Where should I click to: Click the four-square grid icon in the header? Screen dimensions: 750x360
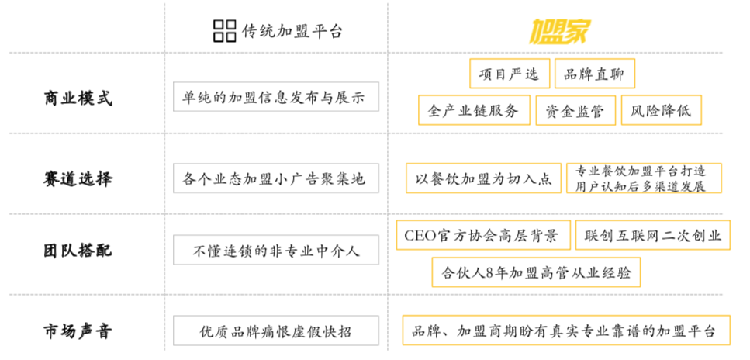(x=224, y=31)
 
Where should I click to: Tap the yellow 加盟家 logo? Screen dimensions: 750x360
(x=560, y=30)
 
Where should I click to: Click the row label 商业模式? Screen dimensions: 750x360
(x=78, y=99)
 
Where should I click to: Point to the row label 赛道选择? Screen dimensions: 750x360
(x=78, y=178)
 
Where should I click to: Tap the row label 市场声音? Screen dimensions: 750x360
(x=78, y=331)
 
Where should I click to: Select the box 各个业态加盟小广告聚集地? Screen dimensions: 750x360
(x=275, y=178)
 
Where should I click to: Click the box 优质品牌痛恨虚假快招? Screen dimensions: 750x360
(x=275, y=331)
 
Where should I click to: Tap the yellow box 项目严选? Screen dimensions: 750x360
(x=509, y=74)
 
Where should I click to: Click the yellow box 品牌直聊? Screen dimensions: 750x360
(x=595, y=74)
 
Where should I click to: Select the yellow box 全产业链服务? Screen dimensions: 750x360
(x=474, y=110)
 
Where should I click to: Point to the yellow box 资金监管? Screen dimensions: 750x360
(x=575, y=110)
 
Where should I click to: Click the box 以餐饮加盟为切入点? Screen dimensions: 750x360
(x=484, y=178)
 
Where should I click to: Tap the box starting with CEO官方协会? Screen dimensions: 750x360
(x=482, y=235)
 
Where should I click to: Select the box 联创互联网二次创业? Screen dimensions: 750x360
(x=652, y=235)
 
